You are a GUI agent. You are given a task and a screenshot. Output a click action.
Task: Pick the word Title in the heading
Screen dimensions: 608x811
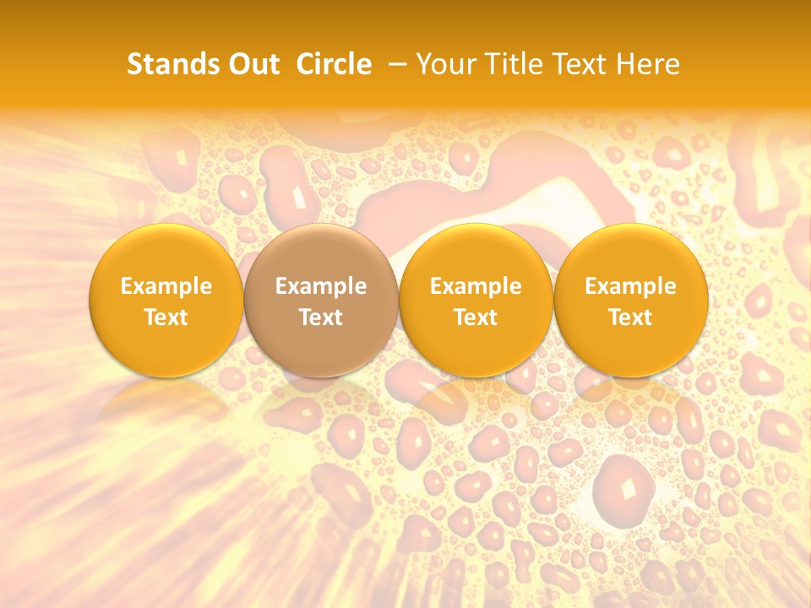[513, 64]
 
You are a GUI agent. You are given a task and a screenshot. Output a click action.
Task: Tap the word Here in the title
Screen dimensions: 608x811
[648, 64]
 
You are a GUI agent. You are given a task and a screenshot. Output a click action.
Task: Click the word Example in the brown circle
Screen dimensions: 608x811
[321, 287]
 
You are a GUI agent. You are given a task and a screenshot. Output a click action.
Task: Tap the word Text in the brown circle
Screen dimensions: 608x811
[321, 318]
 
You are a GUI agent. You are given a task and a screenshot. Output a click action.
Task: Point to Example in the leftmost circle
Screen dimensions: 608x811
[166, 287]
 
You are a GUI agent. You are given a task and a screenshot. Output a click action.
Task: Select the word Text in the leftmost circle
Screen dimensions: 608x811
[166, 318]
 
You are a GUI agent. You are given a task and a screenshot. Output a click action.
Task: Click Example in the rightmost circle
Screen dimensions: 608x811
[631, 287]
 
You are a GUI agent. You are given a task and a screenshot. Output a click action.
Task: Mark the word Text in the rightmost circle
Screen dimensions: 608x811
[631, 318]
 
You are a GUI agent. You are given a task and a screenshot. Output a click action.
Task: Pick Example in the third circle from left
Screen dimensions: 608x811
[476, 287]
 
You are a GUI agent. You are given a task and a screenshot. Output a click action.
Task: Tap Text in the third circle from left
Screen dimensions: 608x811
[476, 318]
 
